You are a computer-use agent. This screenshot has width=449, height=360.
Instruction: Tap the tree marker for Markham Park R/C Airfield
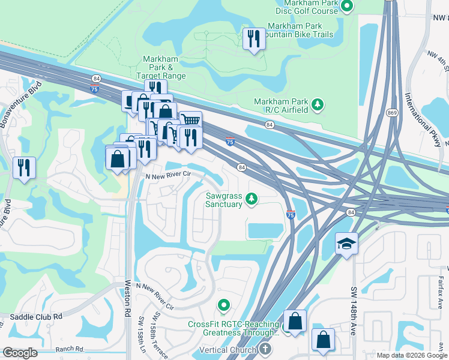(x=319, y=105)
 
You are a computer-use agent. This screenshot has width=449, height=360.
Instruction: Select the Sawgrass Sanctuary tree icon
(x=253, y=197)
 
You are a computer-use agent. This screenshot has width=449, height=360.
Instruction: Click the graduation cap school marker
(x=346, y=243)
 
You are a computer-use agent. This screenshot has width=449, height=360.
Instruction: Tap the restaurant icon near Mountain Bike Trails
(x=253, y=39)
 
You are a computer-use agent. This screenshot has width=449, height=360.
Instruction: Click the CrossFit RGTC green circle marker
(x=224, y=306)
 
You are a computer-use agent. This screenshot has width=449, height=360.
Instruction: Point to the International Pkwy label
(x=425, y=120)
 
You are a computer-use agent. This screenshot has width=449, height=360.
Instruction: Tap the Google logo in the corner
(x=19, y=352)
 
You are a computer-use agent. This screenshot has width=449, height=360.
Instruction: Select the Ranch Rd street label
(x=71, y=349)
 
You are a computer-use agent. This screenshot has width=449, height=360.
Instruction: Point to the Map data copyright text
(x=412, y=355)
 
